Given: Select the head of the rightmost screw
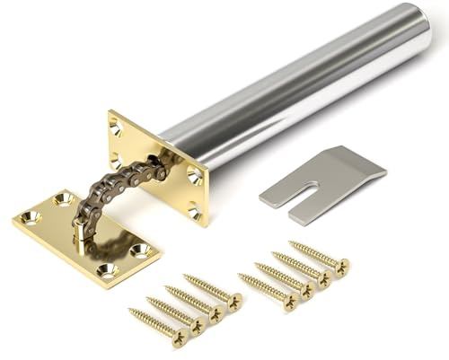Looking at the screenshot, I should coord(342,266).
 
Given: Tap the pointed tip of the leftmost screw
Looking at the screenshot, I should coord(131,312).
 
